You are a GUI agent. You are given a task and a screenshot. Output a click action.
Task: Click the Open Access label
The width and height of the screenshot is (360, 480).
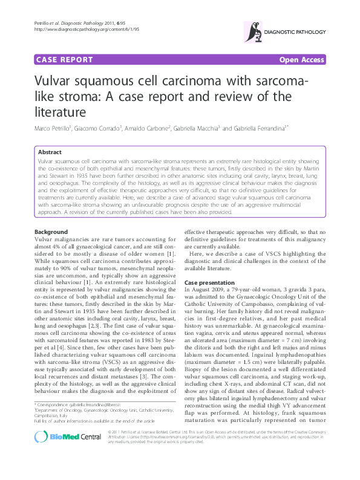click(x=301, y=60)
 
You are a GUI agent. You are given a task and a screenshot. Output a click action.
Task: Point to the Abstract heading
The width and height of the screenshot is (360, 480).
click(x=50, y=153)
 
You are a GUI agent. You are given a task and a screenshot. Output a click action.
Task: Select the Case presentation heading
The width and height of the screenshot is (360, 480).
click(x=209, y=282)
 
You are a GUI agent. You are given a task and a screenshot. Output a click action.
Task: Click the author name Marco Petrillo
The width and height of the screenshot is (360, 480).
click(x=53, y=129)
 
